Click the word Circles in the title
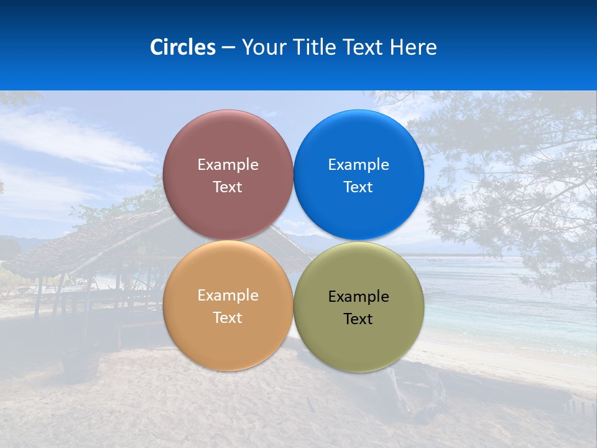click(182, 47)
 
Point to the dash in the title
click(228, 48)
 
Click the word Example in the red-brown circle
click(228, 165)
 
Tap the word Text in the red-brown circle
click(228, 187)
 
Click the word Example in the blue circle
click(358, 165)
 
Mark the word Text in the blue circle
click(358, 187)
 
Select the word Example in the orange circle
click(228, 296)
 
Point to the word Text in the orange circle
click(228, 318)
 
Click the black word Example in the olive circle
click(358, 297)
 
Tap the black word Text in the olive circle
click(358, 319)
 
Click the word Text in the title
click(364, 47)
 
